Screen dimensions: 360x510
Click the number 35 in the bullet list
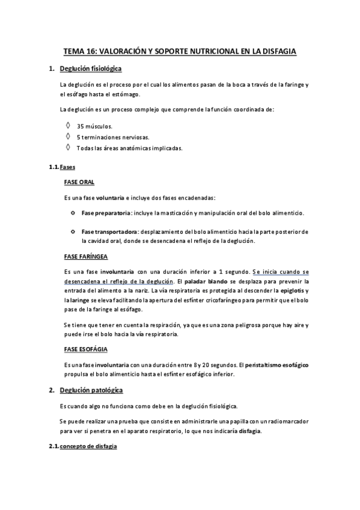point(80,126)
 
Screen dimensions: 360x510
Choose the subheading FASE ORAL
point(79,182)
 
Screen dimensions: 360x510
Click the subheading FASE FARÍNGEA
point(85,256)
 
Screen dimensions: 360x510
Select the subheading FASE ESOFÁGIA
point(86,349)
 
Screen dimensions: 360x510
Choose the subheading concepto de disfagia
point(88,447)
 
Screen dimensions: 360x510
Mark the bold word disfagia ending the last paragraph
point(250,431)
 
